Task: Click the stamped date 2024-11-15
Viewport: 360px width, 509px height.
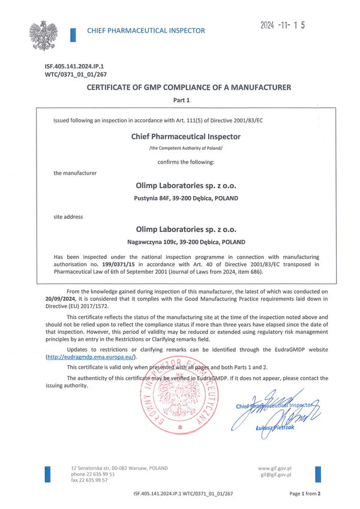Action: pyautogui.click(x=283, y=25)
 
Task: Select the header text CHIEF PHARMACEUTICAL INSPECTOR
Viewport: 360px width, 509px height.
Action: pyautogui.click(x=146, y=31)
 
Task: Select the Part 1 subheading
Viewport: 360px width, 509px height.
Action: pyautogui.click(x=181, y=101)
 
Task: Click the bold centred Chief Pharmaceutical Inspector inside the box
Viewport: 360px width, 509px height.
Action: pyautogui.click(x=185, y=137)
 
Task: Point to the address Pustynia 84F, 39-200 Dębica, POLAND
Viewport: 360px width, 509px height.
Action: pyautogui.click(x=185, y=198)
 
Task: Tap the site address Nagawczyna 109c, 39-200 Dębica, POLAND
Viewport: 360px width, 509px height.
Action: pyautogui.click(x=185, y=243)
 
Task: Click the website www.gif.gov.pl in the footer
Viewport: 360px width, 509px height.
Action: pyautogui.click(x=274, y=468)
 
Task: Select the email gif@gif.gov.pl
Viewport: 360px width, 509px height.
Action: pyautogui.click(x=276, y=474)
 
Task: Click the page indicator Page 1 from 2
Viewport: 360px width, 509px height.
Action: pyautogui.click(x=305, y=493)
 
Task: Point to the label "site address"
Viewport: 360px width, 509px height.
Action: pyautogui.click(x=68, y=216)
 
